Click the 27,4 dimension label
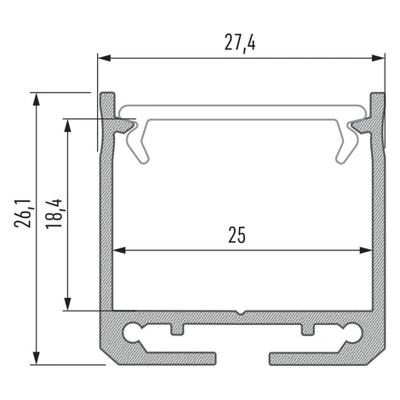click(240, 43)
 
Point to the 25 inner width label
click(237, 235)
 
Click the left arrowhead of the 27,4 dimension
click(104, 58)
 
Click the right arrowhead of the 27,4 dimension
click(379, 58)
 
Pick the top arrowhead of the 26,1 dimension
click(36, 100)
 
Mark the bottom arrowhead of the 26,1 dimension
click(36, 358)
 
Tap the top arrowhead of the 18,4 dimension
click(67, 125)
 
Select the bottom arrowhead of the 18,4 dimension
click(67, 304)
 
